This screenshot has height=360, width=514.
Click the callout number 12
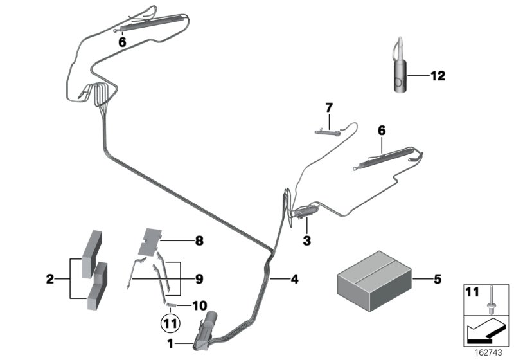point(438,76)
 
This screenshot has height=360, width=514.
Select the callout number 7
point(329,106)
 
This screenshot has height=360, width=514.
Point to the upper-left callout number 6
point(122,42)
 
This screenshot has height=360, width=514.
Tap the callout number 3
point(307,240)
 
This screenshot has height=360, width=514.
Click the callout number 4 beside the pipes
point(294,279)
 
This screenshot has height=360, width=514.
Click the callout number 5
point(438,279)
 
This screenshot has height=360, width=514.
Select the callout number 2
point(49,279)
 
